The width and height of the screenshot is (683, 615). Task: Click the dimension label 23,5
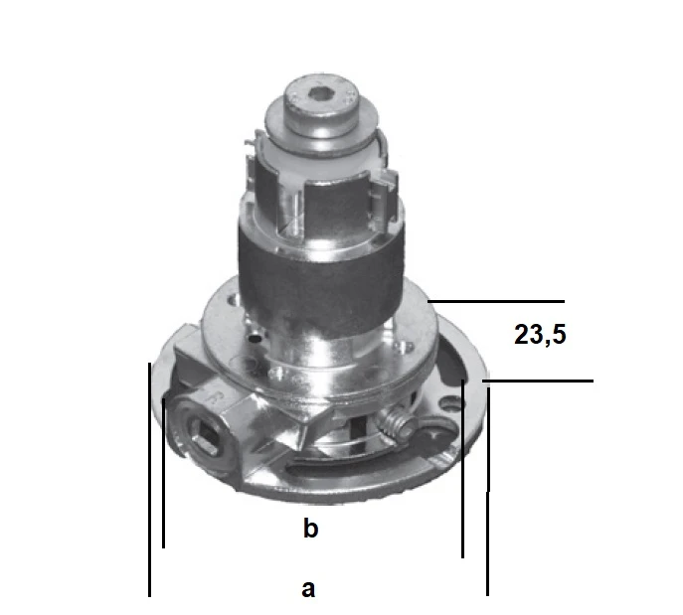tap(540, 335)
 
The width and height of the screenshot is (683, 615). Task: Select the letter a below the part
tap(308, 588)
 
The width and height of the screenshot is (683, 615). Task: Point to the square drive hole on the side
tap(204, 434)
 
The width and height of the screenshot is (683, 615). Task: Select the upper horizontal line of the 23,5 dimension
tap(497, 300)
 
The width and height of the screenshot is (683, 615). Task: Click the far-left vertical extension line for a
tap(149, 477)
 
